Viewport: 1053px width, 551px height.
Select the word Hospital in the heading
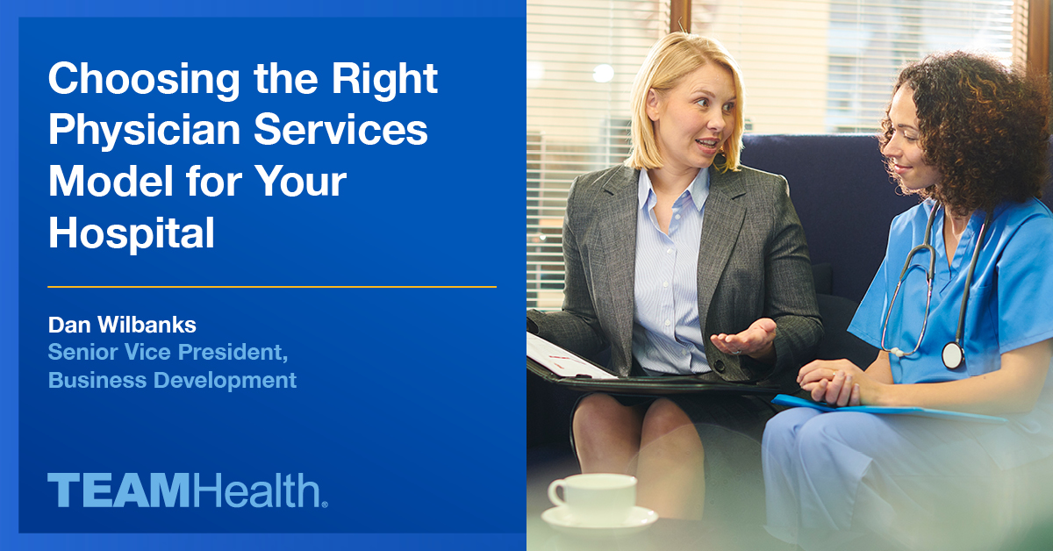pyautogui.click(x=132, y=233)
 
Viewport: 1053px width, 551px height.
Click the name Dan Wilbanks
pyautogui.click(x=122, y=326)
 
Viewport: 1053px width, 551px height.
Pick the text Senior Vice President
pyautogui.click(x=168, y=353)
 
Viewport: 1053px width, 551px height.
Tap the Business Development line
pyautogui.click(x=172, y=381)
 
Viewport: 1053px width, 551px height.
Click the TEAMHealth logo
pyautogui.click(x=188, y=490)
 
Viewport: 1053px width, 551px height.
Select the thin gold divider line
pyautogui.click(x=272, y=287)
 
